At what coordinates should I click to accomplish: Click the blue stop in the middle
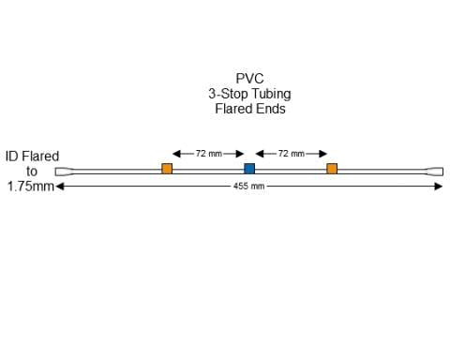[249, 169]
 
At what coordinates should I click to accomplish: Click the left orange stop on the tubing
[167, 169]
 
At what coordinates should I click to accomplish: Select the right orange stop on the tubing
[332, 169]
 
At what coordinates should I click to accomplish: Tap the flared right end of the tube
[435, 172]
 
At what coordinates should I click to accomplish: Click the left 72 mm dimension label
[208, 153]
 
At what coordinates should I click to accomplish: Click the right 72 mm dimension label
[291, 153]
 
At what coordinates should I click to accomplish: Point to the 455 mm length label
[249, 187]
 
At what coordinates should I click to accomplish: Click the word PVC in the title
[249, 80]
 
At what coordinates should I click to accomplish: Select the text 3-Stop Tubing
[249, 94]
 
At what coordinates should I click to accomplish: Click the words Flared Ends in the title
[249, 109]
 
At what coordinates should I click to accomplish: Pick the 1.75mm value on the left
[30, 187]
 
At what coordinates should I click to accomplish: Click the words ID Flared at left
[32, 157]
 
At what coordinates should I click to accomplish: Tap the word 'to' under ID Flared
[32, 172]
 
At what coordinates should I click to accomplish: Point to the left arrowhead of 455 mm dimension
[59, 187]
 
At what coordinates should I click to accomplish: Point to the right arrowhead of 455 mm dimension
[439, 187]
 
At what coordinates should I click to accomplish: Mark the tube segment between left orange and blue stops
[208, 171]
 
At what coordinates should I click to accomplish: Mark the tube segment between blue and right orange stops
[291, 171]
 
